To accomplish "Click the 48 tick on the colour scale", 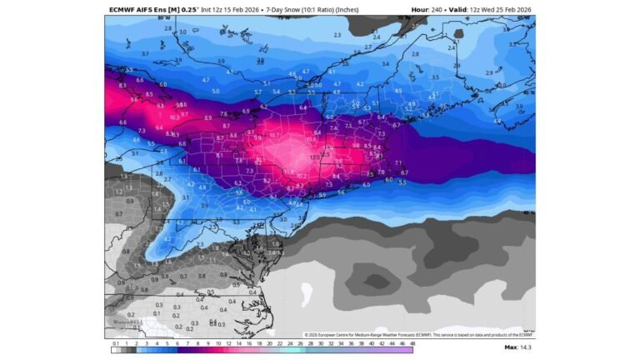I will coord(411,342).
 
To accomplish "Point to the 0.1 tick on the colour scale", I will coord(115,342).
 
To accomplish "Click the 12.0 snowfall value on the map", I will coord(314,157).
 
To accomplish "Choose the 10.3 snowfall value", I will coord(174,118).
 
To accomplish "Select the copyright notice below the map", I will coord(417,334).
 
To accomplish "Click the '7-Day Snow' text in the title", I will coord(288,10).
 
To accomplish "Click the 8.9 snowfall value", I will coord(207,118).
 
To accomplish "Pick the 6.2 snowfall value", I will coord(263,107).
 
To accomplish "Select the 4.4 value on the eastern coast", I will coord(497,121).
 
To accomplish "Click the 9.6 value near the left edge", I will coord(134,100).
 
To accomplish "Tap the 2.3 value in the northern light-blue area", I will coord(337,36).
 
